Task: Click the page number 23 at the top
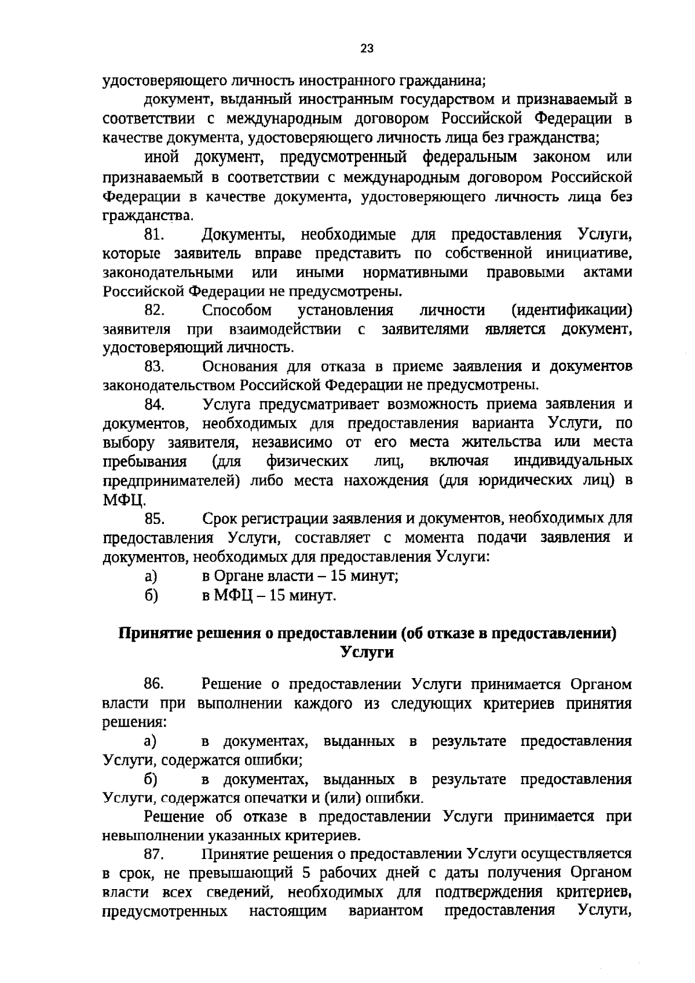coord(367,49)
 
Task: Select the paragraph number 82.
coord(155,310)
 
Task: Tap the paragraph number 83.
coord(155,366)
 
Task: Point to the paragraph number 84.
coord(155,404)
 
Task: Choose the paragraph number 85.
coord(155,518)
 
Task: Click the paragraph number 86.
coord(155,684)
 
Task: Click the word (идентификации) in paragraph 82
coord(572,310)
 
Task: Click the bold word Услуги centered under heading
coord(367,652)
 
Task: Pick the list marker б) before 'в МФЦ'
coord(152,595)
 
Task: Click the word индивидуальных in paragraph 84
coord(573,461)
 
